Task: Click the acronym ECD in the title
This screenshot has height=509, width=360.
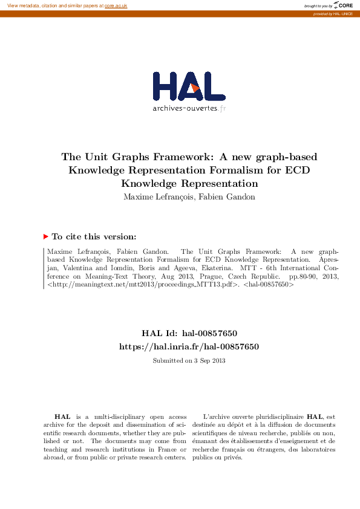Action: [x=297, y=170]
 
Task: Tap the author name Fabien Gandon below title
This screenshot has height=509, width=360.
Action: [x=229, y=196]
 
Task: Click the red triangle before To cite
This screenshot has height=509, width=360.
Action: [x=46, y=237]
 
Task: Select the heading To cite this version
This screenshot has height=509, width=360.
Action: [x=94, y=237]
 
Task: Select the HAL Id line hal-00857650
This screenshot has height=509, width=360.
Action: [x=189, y=333]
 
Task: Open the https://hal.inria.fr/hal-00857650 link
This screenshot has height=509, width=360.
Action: [x=189, y=346]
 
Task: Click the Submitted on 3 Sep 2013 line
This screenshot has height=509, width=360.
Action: [x=189, y=361]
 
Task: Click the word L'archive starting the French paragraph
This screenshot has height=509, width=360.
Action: [x=216, y=417]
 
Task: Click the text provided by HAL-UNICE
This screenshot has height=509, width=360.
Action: [x=333, y=13]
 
